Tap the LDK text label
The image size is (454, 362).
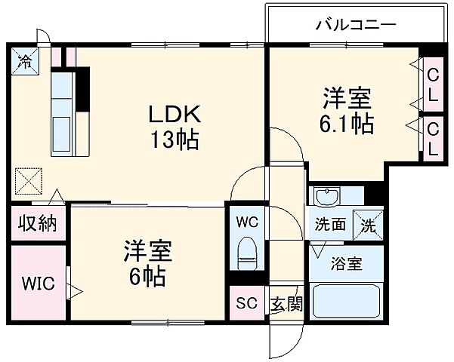tap(173, 115)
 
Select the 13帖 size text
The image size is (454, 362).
tap(173, 140)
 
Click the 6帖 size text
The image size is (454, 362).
tap(147, 278)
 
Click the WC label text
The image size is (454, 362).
tap(247, 222)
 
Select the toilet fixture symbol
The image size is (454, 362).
tap(247, 253)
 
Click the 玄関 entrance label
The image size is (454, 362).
tap(286, 305)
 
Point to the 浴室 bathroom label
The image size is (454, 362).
tap(344, 264)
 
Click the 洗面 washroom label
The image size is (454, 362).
tap(330, 224)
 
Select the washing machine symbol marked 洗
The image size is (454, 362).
tap(369, 224)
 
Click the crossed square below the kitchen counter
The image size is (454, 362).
tap(29, 180)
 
